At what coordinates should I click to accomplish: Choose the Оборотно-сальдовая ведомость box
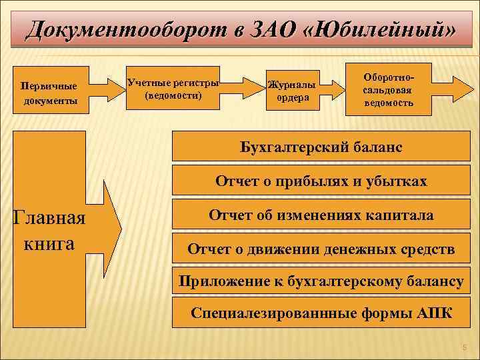388,86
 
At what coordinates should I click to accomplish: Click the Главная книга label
49,231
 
